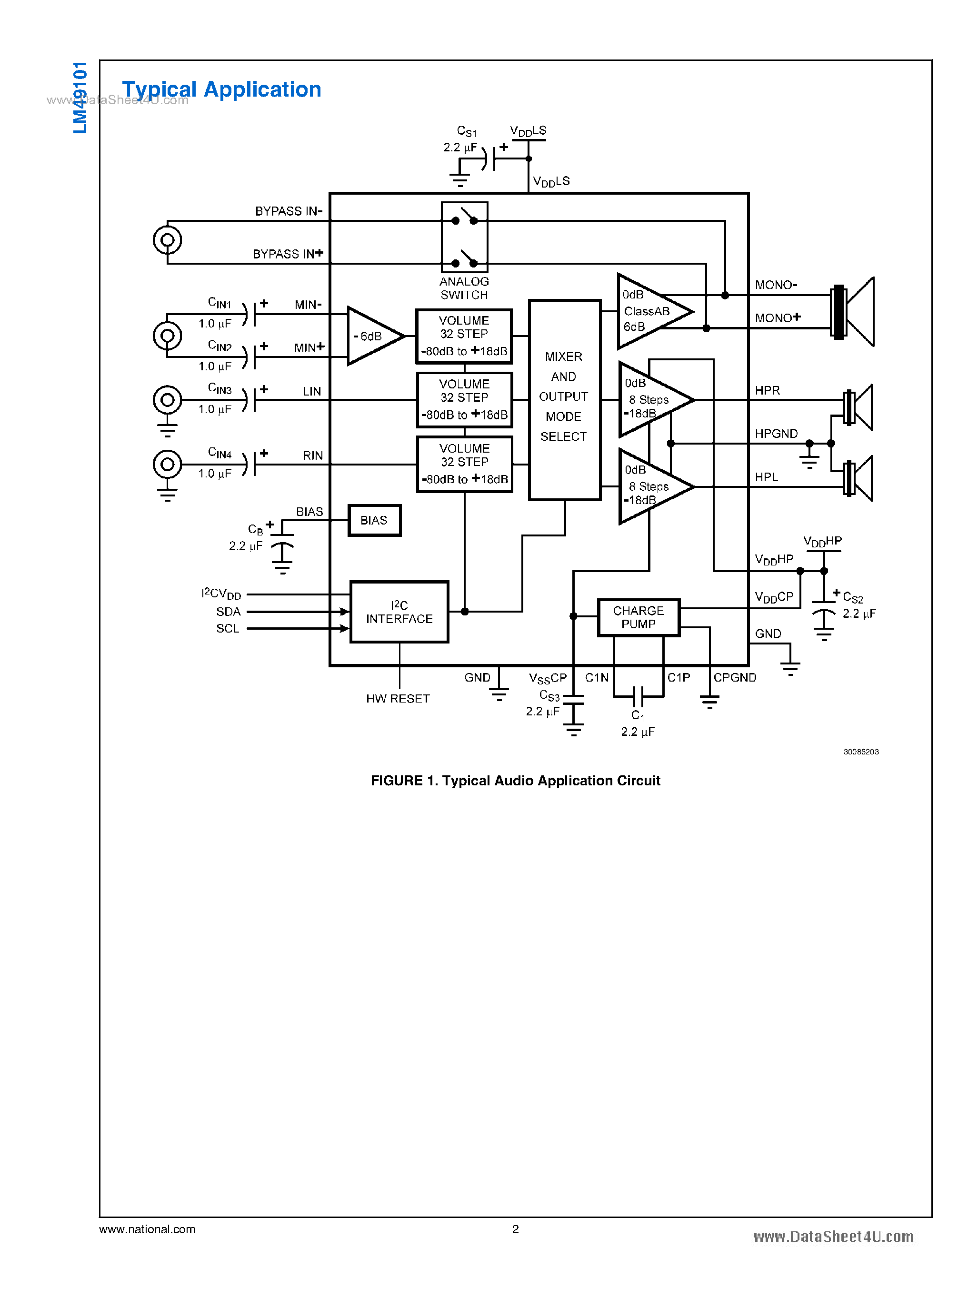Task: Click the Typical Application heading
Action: (x=221, y=89)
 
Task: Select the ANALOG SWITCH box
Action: (x=464, y=237)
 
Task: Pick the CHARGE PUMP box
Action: (x=638, y=617)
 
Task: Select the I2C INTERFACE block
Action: (x=399, y=612)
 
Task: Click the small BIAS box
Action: (x=374, y=520)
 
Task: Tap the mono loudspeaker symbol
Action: (x=853, y=312)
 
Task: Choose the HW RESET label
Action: (x=398, y=698)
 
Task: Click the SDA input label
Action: (x=228, y=612)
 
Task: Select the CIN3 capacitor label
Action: (x=220, y=388)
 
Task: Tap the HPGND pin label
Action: (x=776, y=434)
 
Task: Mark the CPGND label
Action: (x=734, y=677)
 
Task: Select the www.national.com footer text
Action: (x=147, y=1229)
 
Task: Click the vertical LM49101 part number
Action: (x=80, y=97)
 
